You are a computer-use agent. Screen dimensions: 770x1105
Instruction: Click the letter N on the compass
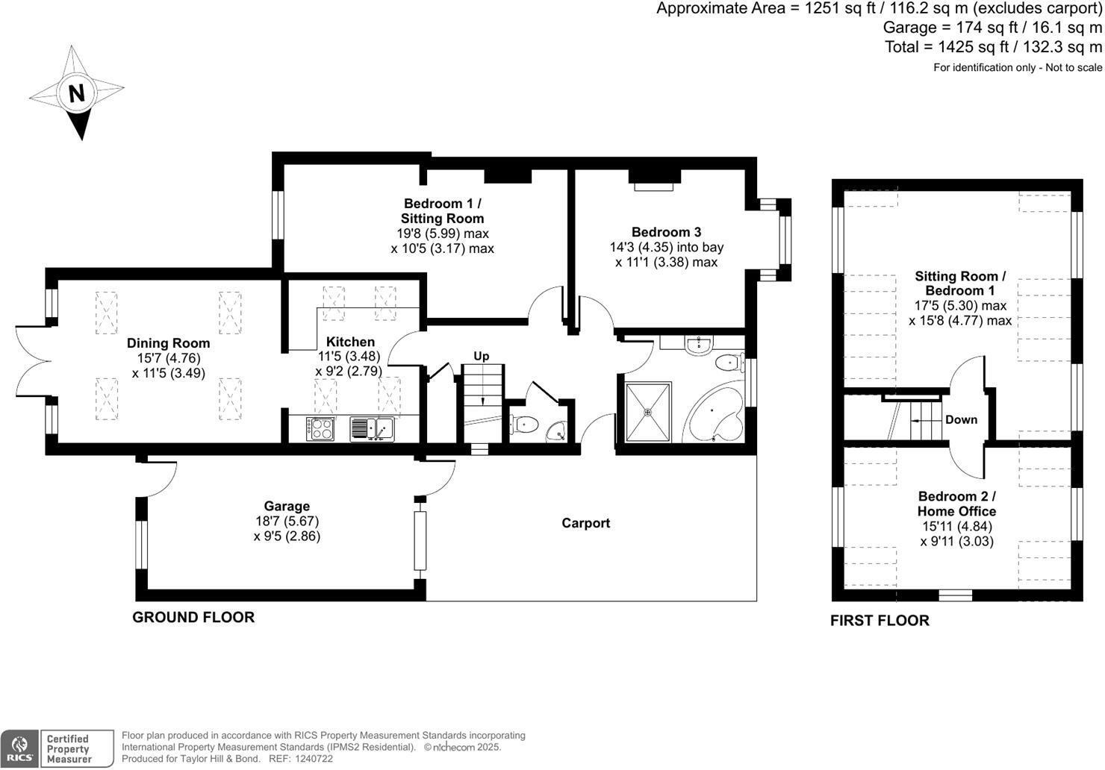pos(76,93)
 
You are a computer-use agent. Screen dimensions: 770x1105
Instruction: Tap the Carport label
pos(585,523)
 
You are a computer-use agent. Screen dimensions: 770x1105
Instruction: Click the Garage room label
pos(287,506)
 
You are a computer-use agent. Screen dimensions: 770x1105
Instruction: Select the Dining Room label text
pos(168,343)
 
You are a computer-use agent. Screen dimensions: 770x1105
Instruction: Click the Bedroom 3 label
pos(666,232)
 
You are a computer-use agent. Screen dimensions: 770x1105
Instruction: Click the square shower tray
pos(647,412)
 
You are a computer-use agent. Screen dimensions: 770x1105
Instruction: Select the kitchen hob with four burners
pos(320,428)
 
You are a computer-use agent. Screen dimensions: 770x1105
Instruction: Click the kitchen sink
pos(372,428)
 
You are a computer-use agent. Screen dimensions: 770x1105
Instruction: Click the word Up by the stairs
pos(482,356)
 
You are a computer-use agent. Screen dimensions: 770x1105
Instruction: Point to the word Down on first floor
pos(961,419)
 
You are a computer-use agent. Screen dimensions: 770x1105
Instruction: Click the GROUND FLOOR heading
pos(193,617)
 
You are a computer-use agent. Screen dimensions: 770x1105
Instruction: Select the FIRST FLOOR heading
pos(880,621)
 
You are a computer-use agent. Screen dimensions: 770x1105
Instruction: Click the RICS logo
pos(19,748)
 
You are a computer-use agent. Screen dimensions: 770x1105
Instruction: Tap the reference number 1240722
pos(315,759)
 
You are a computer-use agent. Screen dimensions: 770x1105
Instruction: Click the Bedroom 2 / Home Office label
pos(956,504)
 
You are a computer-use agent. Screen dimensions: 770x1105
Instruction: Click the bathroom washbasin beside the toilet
pos(698,343)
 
